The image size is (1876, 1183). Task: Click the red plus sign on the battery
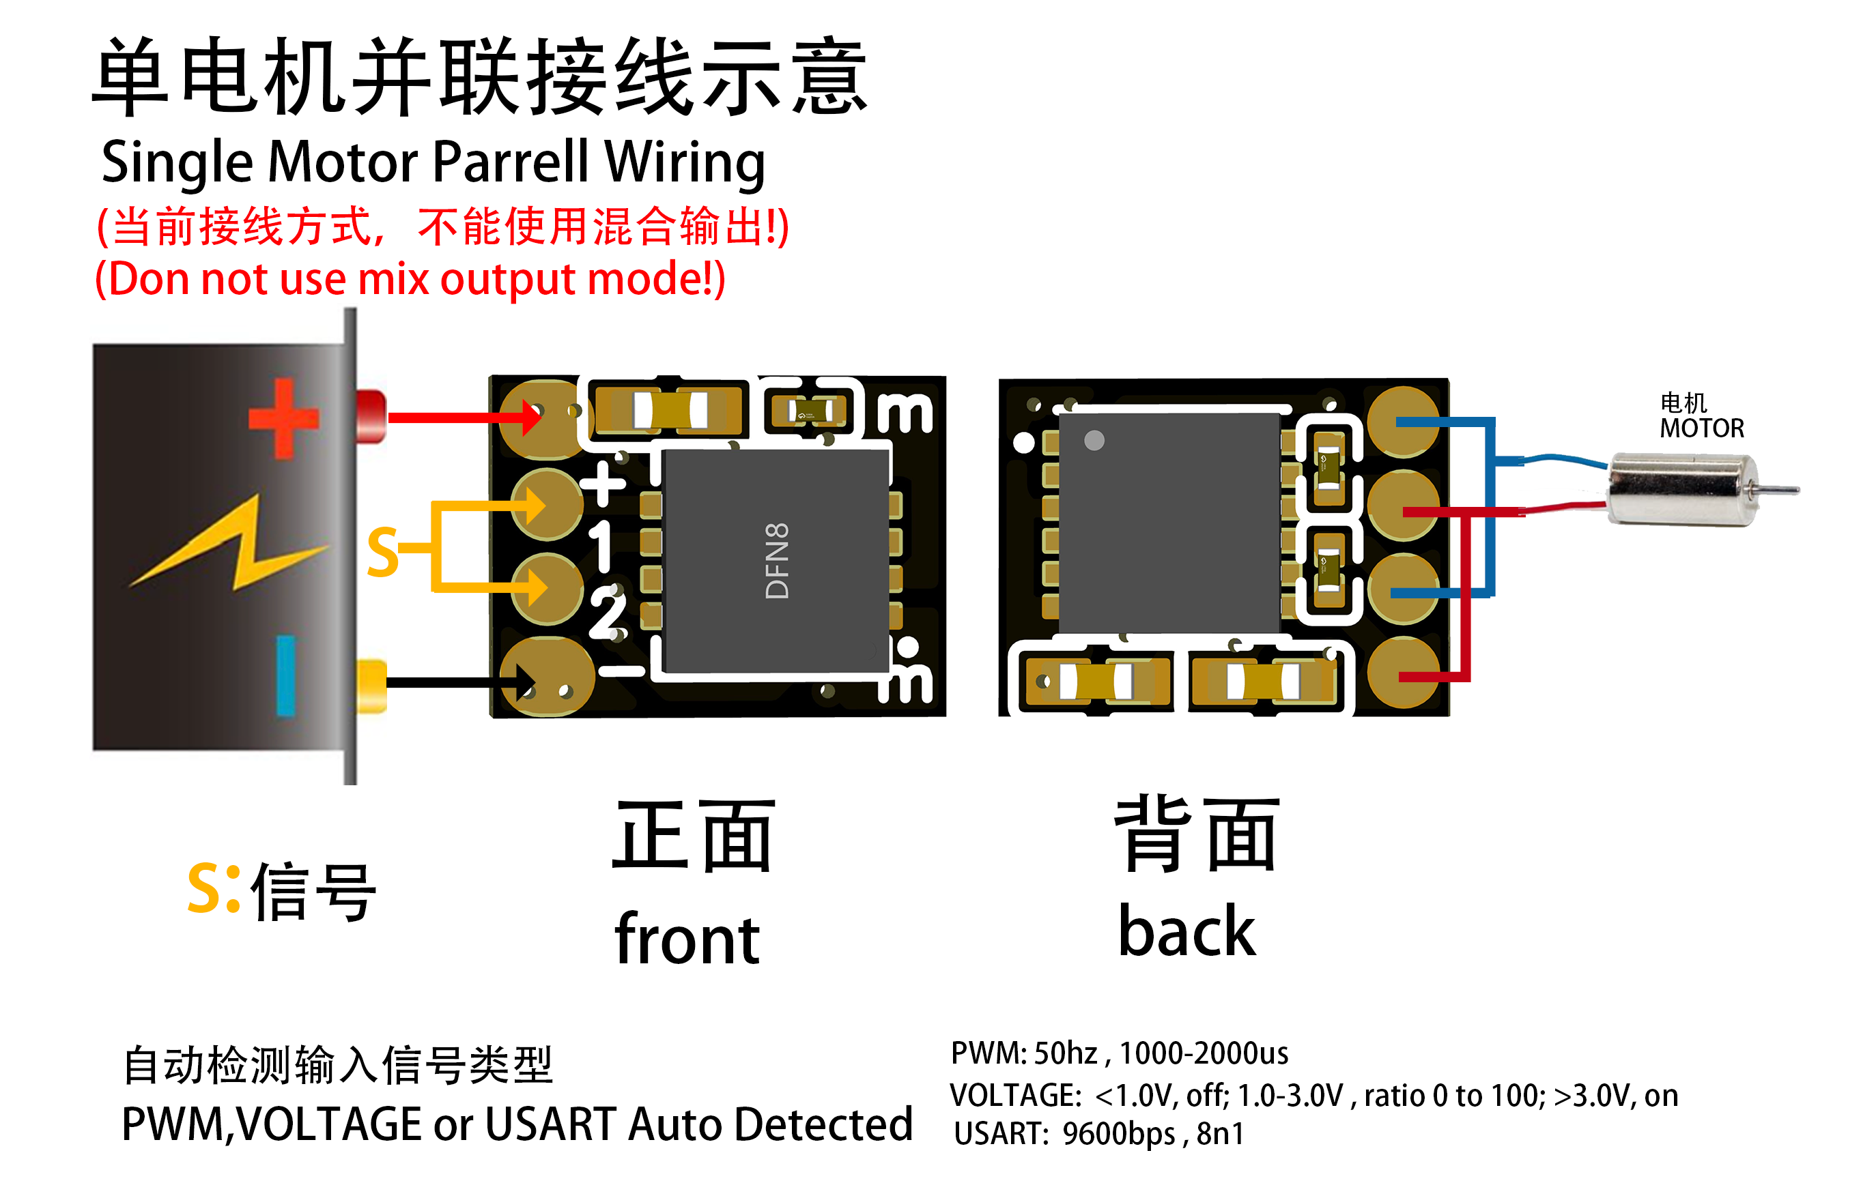coord(283,419)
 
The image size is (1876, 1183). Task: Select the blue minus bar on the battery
coord(286,676)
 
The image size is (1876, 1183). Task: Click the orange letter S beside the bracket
coord(383,552)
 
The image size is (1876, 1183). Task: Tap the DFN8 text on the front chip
coord(777,561)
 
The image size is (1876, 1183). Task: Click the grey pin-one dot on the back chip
coord(1094,441)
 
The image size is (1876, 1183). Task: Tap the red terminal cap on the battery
coord(371,417)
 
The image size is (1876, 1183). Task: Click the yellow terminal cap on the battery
coord(371,686)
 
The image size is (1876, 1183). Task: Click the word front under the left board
coord(687,939)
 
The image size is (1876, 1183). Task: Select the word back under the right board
coord(1186,931)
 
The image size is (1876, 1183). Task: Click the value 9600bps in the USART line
coord(1119,1134)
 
